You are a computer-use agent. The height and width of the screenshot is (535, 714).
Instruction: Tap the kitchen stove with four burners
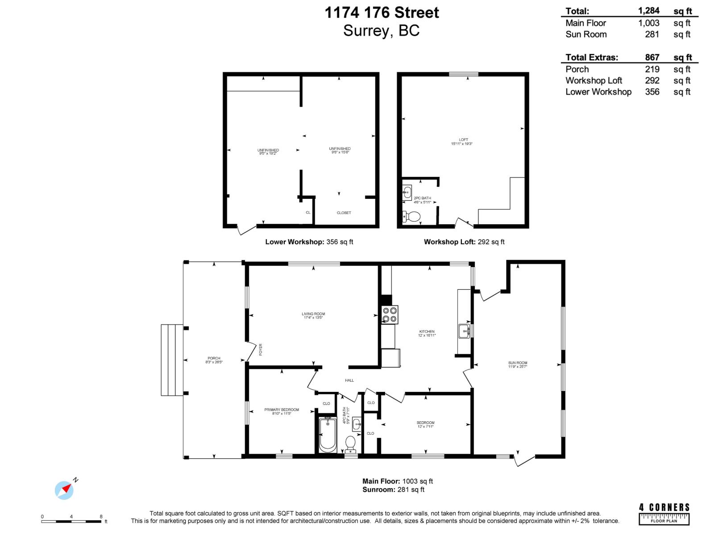pos(390,314)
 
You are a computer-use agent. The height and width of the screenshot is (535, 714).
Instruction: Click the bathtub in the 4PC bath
pos(328,435)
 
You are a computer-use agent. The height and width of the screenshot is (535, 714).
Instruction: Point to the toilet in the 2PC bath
pos(412,217)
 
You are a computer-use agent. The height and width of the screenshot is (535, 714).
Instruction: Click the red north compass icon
pos(65,490)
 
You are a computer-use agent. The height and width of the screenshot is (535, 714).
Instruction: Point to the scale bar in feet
pos(71,521)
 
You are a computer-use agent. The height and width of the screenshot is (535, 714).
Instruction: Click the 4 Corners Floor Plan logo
pos(664,514)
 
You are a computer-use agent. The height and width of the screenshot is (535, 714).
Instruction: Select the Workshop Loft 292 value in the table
pos(652,81)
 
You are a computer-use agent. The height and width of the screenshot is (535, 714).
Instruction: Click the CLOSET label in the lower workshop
pos(344,213)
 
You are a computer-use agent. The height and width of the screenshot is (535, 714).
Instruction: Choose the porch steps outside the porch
pos(172,360)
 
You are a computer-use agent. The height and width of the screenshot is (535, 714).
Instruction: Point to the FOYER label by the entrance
pos(261,349)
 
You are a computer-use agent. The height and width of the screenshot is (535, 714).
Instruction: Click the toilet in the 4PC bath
pos(351,443)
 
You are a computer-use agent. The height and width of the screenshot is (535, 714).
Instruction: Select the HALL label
pos(349,380)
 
